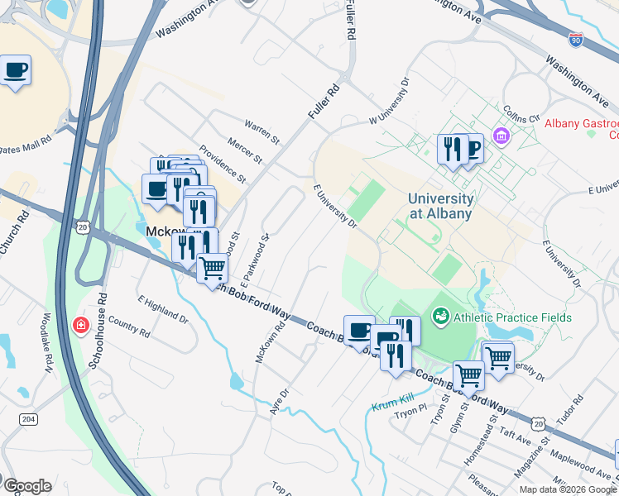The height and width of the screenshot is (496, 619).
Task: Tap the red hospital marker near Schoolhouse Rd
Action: (x=81, y=326)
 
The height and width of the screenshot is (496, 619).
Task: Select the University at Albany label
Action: (x=439, y=206)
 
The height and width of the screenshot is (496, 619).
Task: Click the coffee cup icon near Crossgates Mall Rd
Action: (x=15, y=70)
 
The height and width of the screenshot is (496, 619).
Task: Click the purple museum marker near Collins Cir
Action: (x=500, y=135)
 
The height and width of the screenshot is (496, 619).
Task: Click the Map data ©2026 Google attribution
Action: (x=568, y=489)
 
